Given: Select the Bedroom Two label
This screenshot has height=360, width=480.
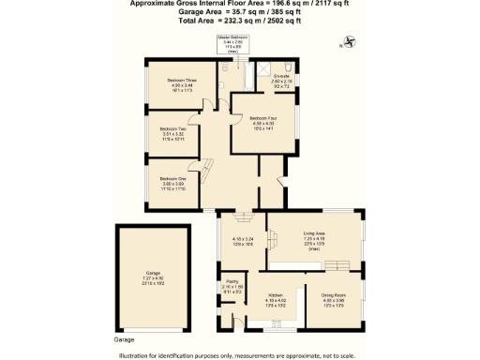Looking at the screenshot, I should click(171, 128).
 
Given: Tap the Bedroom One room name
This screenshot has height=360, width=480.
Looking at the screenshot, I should click(172, 178).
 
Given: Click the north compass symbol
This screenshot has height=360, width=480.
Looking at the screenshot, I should click(350, 40).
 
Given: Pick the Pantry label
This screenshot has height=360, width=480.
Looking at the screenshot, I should click(231, 282).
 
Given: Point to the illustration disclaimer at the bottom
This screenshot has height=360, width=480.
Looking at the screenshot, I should click(238, 355).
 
